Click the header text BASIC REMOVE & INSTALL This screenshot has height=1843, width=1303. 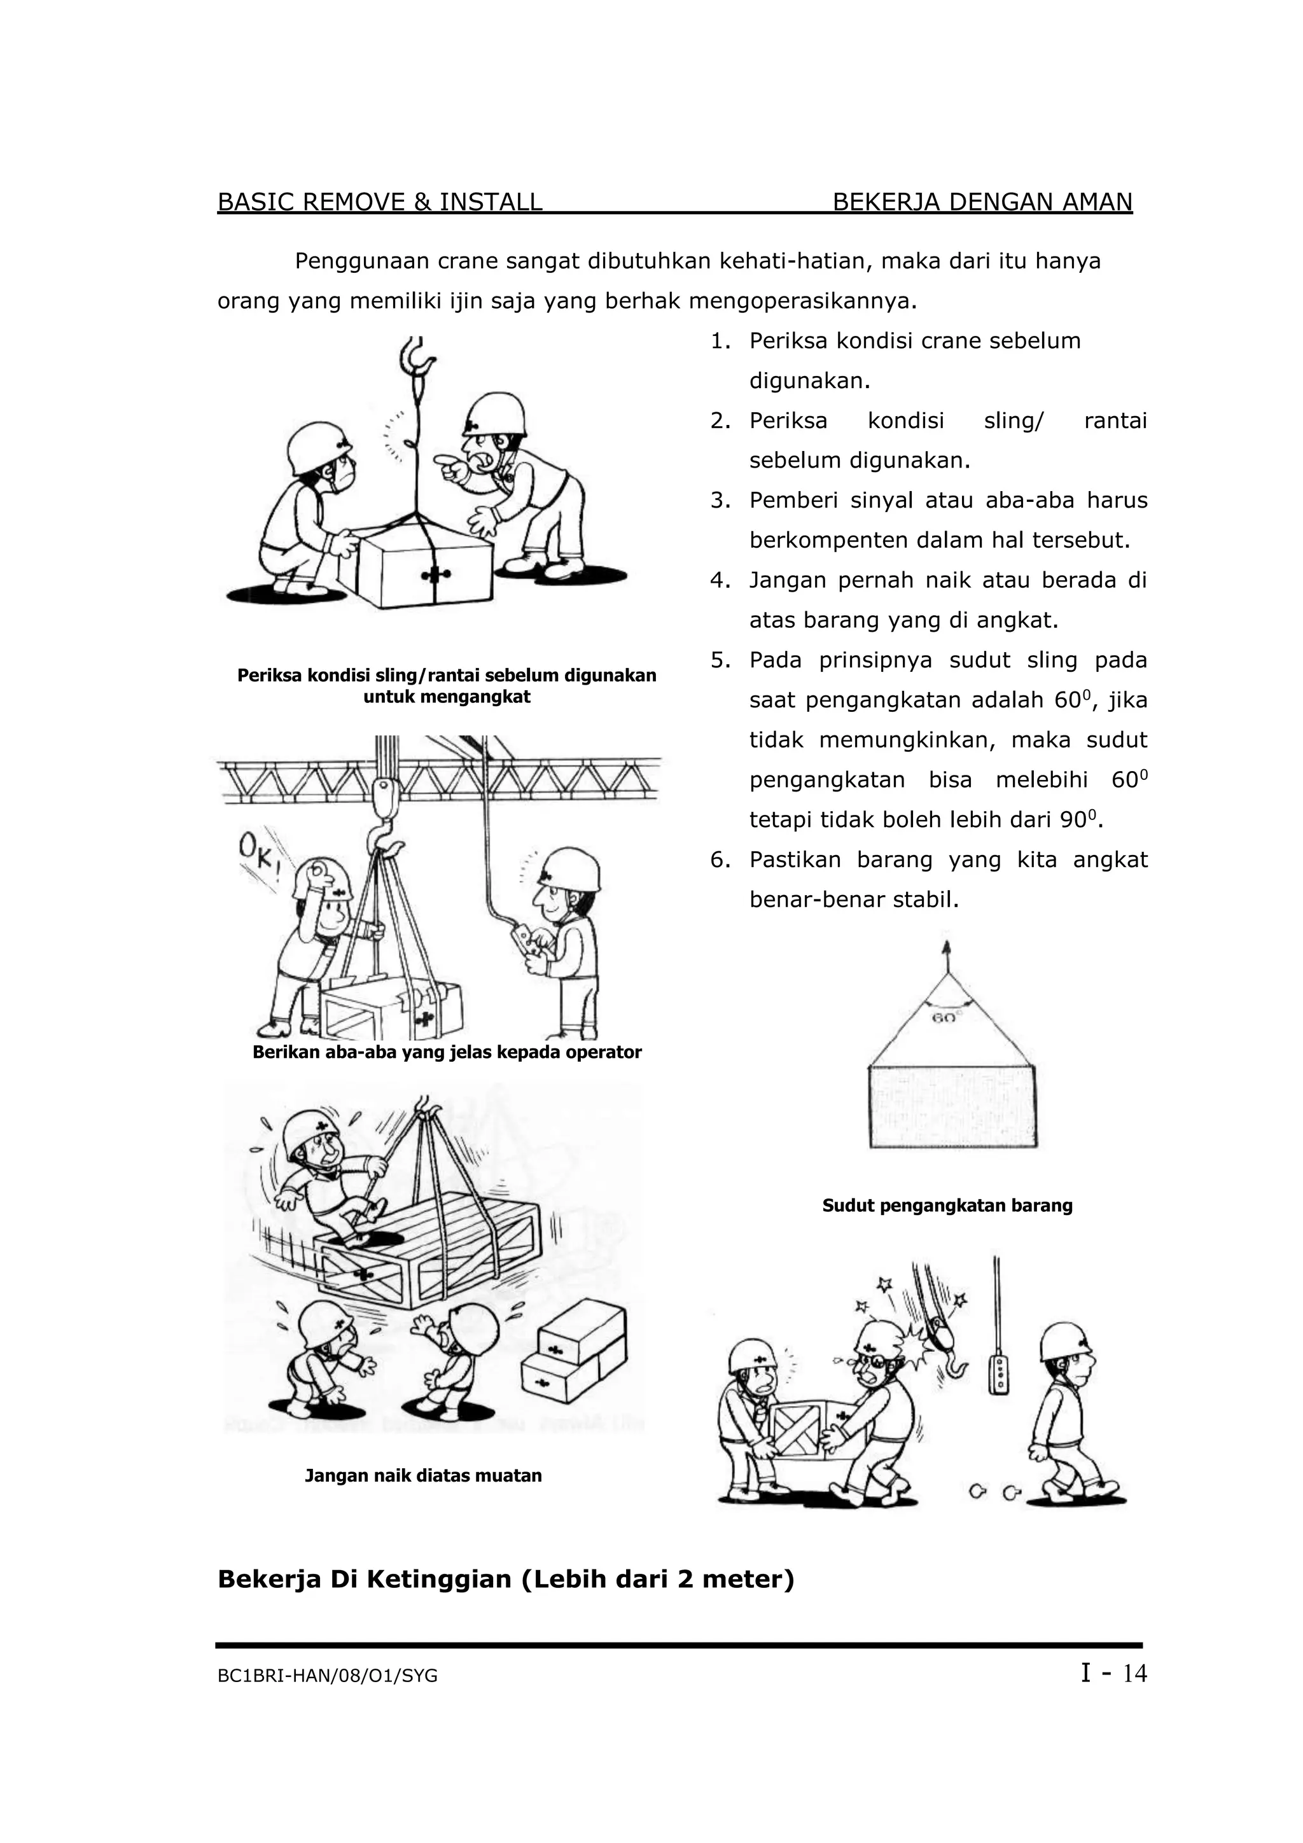pos(380,202)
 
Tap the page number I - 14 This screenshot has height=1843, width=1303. pos(1113,1673)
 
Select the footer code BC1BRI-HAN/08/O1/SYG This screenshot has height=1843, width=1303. pos(328,1676)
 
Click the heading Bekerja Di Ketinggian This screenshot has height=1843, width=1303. pos(506,1579)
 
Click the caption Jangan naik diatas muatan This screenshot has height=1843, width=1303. pos(423,1475)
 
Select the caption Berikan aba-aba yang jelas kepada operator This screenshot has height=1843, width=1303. pos(447,1052)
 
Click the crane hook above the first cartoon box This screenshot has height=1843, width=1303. pos(417,356)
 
